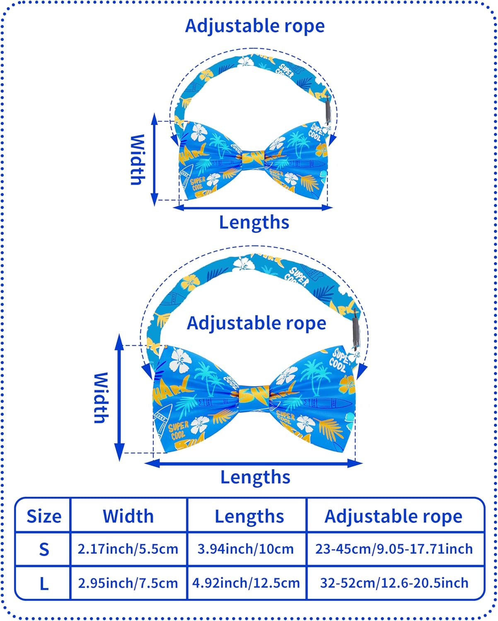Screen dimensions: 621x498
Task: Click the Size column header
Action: pos(44,516)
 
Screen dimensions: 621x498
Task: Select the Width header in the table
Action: pos(128,516)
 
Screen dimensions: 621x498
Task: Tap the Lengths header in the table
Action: pos(249,516)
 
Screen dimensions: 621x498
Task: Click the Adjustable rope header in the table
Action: pos(393,516)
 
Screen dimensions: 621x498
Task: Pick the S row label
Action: pos(44,549)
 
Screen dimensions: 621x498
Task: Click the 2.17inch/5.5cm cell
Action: pos(128,549)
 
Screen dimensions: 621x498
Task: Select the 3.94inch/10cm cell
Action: pos(246,549)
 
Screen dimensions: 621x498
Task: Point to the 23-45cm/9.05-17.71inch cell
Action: pos(394,549)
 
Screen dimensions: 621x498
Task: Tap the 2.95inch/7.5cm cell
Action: pos(128,583)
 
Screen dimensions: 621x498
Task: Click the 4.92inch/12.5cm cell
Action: pos(246,583)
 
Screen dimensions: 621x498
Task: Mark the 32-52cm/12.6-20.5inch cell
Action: pos(394,583)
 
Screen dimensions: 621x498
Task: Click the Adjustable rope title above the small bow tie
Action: pos(255,26)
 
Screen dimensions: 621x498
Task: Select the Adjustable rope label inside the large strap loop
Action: pos(256,323)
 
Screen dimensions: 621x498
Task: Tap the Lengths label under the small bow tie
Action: pos(254,222)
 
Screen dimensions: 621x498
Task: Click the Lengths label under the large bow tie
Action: pos(255,477)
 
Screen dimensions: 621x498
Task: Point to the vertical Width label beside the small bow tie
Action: pos(138,159)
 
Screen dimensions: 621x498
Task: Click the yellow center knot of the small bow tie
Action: pos(254,157)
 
